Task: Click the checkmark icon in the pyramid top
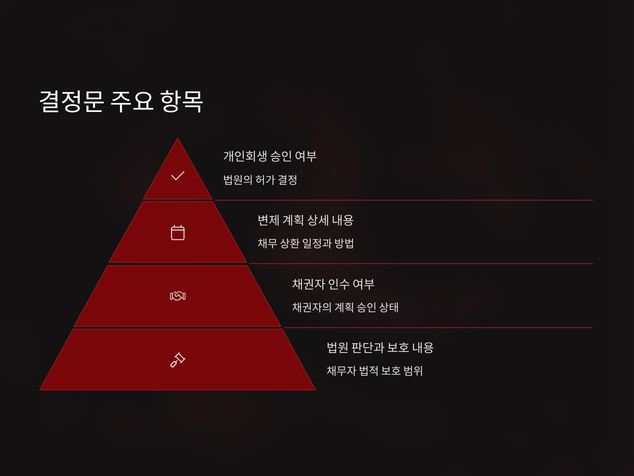[178, 176]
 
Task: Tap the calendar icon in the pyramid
[178, 232]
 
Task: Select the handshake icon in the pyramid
[178, 296]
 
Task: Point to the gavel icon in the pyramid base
[178, 360]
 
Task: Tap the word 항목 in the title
[181, 101]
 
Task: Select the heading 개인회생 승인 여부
[270, 156]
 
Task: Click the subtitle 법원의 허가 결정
[260, 180]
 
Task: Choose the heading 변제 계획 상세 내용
[306, 220]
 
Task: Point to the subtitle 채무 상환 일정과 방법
[306, 243]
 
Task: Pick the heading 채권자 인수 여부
[333, 284]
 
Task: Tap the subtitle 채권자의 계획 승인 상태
[345, 307]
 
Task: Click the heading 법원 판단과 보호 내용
[380, 347]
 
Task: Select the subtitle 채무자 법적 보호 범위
[375, 371]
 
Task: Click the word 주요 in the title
[132, 101]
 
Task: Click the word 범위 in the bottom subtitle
[413, 371]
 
